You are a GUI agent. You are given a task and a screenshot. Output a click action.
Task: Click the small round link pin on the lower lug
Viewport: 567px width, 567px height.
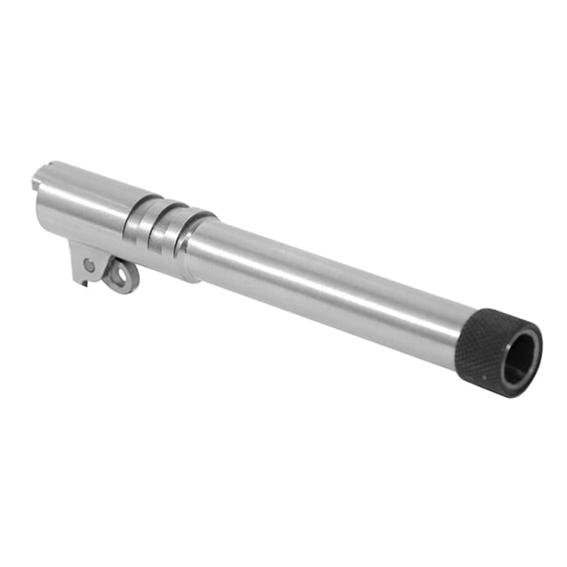(x=89, y=265)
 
